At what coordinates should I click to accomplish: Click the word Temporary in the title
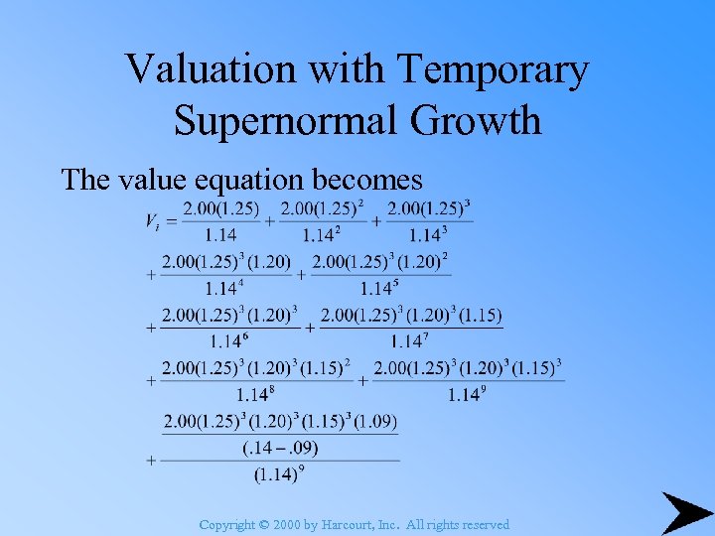pyautogui.click(x=495, y=70)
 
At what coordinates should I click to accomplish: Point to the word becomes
pyautogui.click(x=366, y=180)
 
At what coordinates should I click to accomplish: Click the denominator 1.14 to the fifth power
pyautogui.click(x=377, y=289)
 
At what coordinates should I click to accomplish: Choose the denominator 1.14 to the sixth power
pyautogui.click(x=227, y=340)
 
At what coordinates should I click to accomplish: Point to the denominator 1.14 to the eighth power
pyautogui.click(x=254, y=395)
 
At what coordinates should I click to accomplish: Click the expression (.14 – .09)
pyautogui.click(x=280, y=448)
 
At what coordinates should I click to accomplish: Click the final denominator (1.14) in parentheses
pyautogui.click(x=274, y=474)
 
